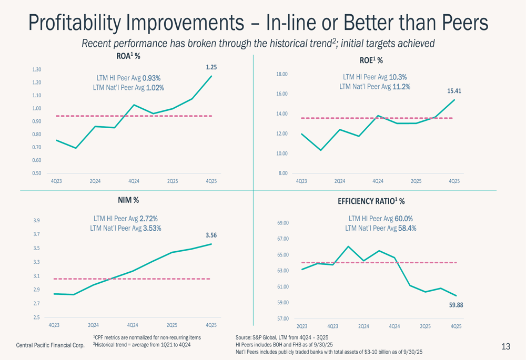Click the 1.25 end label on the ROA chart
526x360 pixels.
coord(211,67)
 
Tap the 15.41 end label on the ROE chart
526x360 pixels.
coord(454,91)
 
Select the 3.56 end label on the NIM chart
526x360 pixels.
coord(211,235)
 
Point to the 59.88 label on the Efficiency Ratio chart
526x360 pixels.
coord(456,305)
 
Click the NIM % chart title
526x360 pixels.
coord(128,200)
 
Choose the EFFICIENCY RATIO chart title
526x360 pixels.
coord(371,201)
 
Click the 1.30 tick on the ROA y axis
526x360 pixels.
coord(36,70)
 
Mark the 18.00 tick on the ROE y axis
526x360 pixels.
coord(282,74)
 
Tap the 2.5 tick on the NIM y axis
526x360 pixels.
coord(36,317)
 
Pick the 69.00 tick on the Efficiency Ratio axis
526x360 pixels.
coord(282,223)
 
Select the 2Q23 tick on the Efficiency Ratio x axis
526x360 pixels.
coord(302,326)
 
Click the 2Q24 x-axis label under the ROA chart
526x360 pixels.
coord(95,181)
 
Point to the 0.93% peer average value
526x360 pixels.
coord(151,78)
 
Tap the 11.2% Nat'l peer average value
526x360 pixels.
coord(401,87)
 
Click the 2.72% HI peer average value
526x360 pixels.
coord(149,219)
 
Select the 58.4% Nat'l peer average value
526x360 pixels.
coord(406,229)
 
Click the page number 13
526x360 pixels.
coord(506,346)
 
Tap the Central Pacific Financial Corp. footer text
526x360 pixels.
coord(50,345)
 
